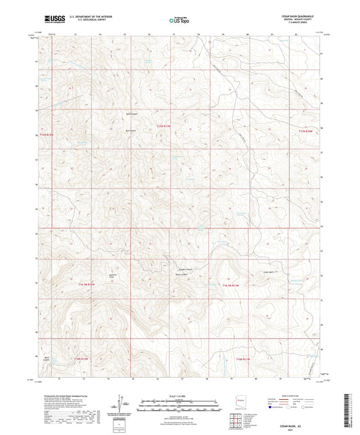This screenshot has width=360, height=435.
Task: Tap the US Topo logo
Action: (x=179, y=21)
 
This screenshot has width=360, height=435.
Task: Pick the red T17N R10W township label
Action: (x=307, y=131)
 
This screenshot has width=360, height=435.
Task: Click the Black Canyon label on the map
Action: (x=48, y=357)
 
